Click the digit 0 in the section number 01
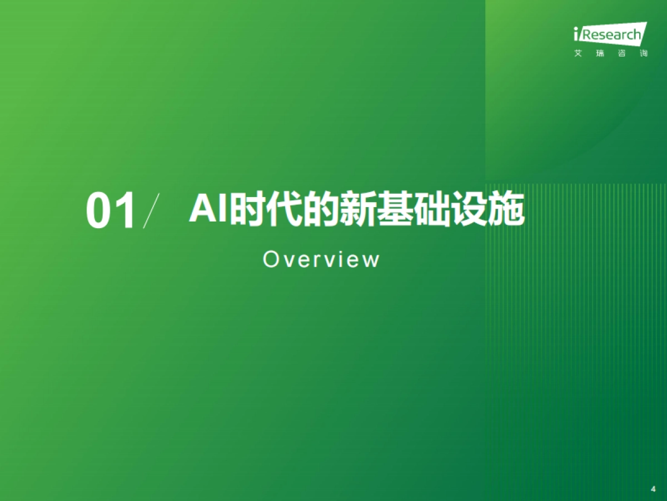click(99, 212)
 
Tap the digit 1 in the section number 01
click(125, 212)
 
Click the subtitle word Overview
click(321, 259)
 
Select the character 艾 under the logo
click(578, 53)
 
